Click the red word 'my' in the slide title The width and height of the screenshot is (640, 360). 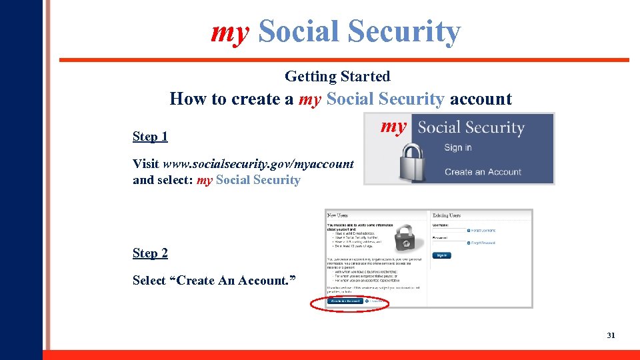click(229, 31)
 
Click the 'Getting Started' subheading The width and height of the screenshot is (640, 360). click(337, 76)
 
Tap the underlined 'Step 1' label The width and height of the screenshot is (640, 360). click(150, 137)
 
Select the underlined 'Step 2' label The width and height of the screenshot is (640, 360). click(150, 253)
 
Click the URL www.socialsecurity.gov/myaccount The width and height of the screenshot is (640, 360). click(258, 164)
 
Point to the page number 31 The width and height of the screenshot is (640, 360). click(611, 335)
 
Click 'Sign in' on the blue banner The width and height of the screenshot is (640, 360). click(458, 148)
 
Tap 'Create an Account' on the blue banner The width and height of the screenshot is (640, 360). click(483, 172)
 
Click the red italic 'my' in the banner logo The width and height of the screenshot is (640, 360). click(393, 127)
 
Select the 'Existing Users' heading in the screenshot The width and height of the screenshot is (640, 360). click(447, 215)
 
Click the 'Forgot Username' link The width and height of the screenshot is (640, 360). click(483, 231)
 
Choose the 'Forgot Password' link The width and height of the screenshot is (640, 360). click(484, 243)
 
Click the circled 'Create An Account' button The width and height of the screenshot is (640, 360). click(345, 301)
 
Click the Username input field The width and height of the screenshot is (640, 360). click(449, 231)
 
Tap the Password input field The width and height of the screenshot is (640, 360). click(449, 243)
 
